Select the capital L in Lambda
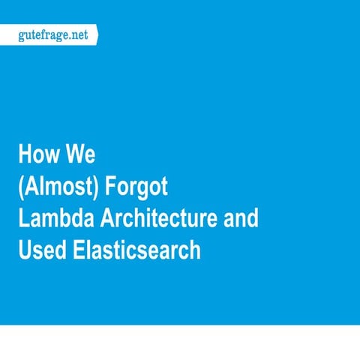tap(23, 219)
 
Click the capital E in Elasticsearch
tap(76, 250)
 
